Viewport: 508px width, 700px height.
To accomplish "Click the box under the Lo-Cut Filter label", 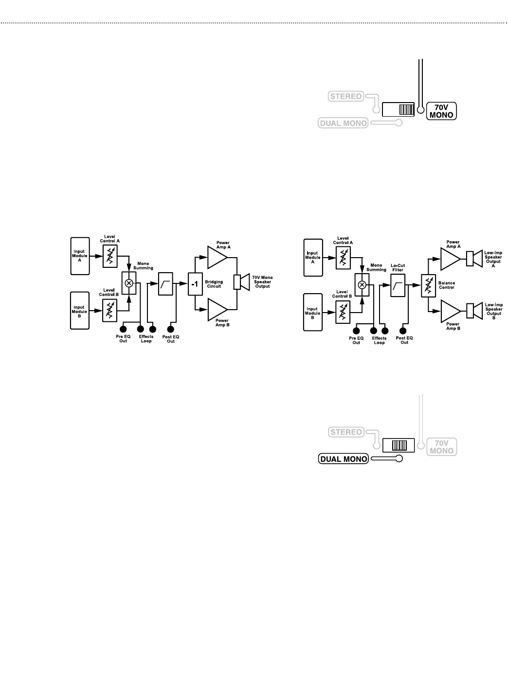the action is [398, 285].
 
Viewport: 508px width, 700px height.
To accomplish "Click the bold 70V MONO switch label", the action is [441, 111].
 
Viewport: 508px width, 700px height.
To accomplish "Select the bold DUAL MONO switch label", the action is [343, 458].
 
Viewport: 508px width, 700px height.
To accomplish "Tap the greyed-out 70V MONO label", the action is [441, 447].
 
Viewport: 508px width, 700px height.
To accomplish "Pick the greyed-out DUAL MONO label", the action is [343, 123].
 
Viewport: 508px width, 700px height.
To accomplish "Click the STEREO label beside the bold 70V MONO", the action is [346, 96].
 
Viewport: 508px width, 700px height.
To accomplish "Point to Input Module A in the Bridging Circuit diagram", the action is [80, 255].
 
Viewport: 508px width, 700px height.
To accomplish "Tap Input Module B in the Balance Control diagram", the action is [313, 313].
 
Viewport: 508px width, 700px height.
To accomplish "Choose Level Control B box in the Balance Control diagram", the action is [344, 311].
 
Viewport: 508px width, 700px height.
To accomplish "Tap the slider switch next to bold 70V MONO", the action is [398, 109].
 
